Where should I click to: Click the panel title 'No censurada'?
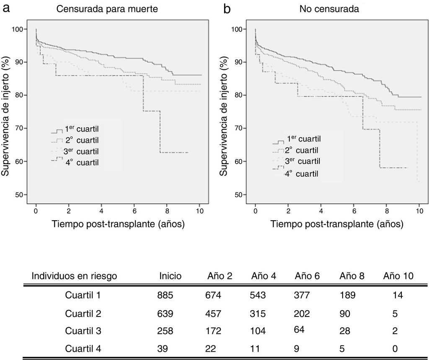(x=329, y=9)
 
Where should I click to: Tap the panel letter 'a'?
(x=7, y=8)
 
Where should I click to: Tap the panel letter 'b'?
(x=227, y=9)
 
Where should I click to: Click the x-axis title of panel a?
(x=118, y=224)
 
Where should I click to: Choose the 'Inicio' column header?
(x=170, y=276)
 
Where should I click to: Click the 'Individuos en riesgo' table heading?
(x=74, y=276)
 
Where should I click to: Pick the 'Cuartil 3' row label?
(x=83, y=331)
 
